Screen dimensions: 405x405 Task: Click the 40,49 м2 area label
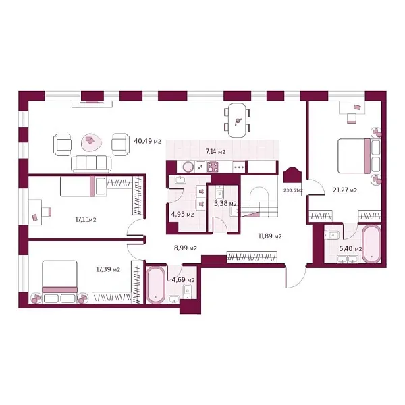click(147, 141)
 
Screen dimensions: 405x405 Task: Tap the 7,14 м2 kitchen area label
click(215, 153)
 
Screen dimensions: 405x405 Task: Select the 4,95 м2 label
click(182, 215)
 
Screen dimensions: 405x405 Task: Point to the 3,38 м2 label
click(225, 203)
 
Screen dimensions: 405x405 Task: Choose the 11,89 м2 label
click(269, 236)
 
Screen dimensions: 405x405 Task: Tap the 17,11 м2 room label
click(85, 219)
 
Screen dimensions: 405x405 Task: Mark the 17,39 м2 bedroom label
click(108, 269)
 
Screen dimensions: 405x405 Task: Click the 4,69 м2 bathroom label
click(183, 279)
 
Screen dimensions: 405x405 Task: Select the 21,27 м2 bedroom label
click(344, 190)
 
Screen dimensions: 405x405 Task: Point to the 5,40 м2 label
click(350, 249)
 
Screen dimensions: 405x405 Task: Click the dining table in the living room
click(237, 119)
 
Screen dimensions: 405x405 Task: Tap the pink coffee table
click(90, 142)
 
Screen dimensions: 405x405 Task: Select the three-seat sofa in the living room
click(91, 163)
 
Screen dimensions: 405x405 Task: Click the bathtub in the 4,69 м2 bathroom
click(156, 284)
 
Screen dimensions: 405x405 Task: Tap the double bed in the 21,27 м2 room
click(356, 156)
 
